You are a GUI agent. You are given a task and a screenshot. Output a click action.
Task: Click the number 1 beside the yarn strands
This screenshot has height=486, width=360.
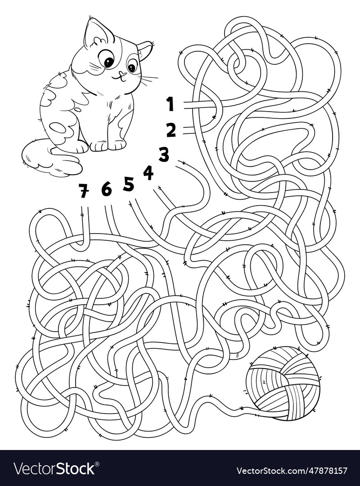170,104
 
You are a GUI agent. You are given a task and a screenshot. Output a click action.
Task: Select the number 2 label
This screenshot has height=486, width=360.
171,130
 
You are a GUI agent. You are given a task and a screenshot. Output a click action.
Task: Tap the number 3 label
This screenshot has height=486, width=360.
163,154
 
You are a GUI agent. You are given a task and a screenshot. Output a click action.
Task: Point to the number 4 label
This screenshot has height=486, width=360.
148,173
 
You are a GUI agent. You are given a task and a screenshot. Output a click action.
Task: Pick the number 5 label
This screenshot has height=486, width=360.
129,184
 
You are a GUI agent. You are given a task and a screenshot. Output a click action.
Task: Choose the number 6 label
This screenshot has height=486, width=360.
106,189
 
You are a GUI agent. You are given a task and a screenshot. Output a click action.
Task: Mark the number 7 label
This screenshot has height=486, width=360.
83,191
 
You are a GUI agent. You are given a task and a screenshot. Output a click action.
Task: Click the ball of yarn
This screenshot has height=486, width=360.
283,382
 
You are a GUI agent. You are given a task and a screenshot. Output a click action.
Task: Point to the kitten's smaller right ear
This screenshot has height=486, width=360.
145,49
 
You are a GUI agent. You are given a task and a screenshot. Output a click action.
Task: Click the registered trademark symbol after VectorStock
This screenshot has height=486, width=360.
98,463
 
